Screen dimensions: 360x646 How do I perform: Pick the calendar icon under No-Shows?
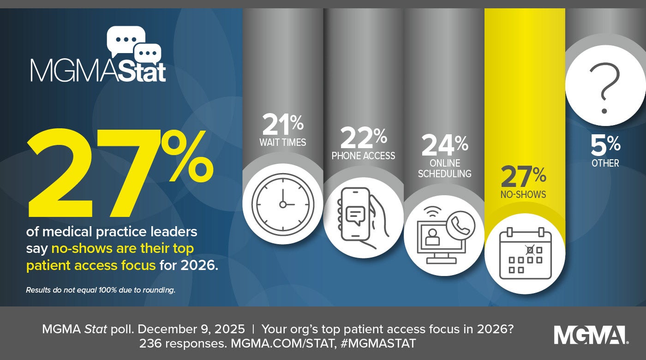pyautogui.click(x=525, y=253)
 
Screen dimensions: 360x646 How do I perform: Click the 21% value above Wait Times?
pyautogui.click(x=282, y=124)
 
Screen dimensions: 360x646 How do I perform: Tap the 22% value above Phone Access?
pyautogui.click(x=363, y=138)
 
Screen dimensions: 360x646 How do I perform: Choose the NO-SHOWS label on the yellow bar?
pyautogui.click(x=523, y=194)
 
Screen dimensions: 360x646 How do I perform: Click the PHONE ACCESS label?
pyautogui.click(x=363, y=156)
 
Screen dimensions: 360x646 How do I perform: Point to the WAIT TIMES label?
pyautogui.click(x=282, y=142)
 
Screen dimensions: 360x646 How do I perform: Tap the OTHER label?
pyautogui.click(x=605, y=163)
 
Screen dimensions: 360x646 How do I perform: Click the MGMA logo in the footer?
pyautogui.click(x=590, y=335)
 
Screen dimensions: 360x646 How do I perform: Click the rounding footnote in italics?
pyautogui.click(x=101, y=290)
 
